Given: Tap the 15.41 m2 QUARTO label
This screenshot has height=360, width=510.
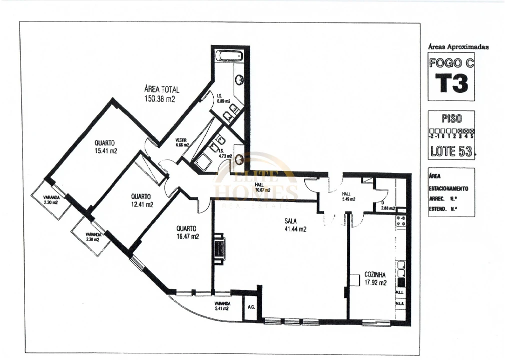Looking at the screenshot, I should coord(105,146).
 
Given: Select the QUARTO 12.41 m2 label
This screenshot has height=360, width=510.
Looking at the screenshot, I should coord(142,200).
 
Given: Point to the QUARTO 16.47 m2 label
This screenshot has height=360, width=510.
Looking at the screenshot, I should coord(187,232).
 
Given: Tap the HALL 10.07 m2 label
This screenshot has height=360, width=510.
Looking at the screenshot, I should coord(262,187).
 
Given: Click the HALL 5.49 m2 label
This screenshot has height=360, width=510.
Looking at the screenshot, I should coord(348,196).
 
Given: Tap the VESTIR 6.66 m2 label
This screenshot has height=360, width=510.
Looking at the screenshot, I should coord(182,142).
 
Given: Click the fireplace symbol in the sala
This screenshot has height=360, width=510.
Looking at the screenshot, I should coord(219,248).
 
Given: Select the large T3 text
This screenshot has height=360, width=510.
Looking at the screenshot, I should coord(451,83).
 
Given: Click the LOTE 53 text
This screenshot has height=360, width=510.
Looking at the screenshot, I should coord(451,151).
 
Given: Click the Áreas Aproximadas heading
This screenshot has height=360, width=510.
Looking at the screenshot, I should coord(458,47).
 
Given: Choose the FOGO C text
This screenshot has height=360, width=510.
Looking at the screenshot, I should coord(451,63).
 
